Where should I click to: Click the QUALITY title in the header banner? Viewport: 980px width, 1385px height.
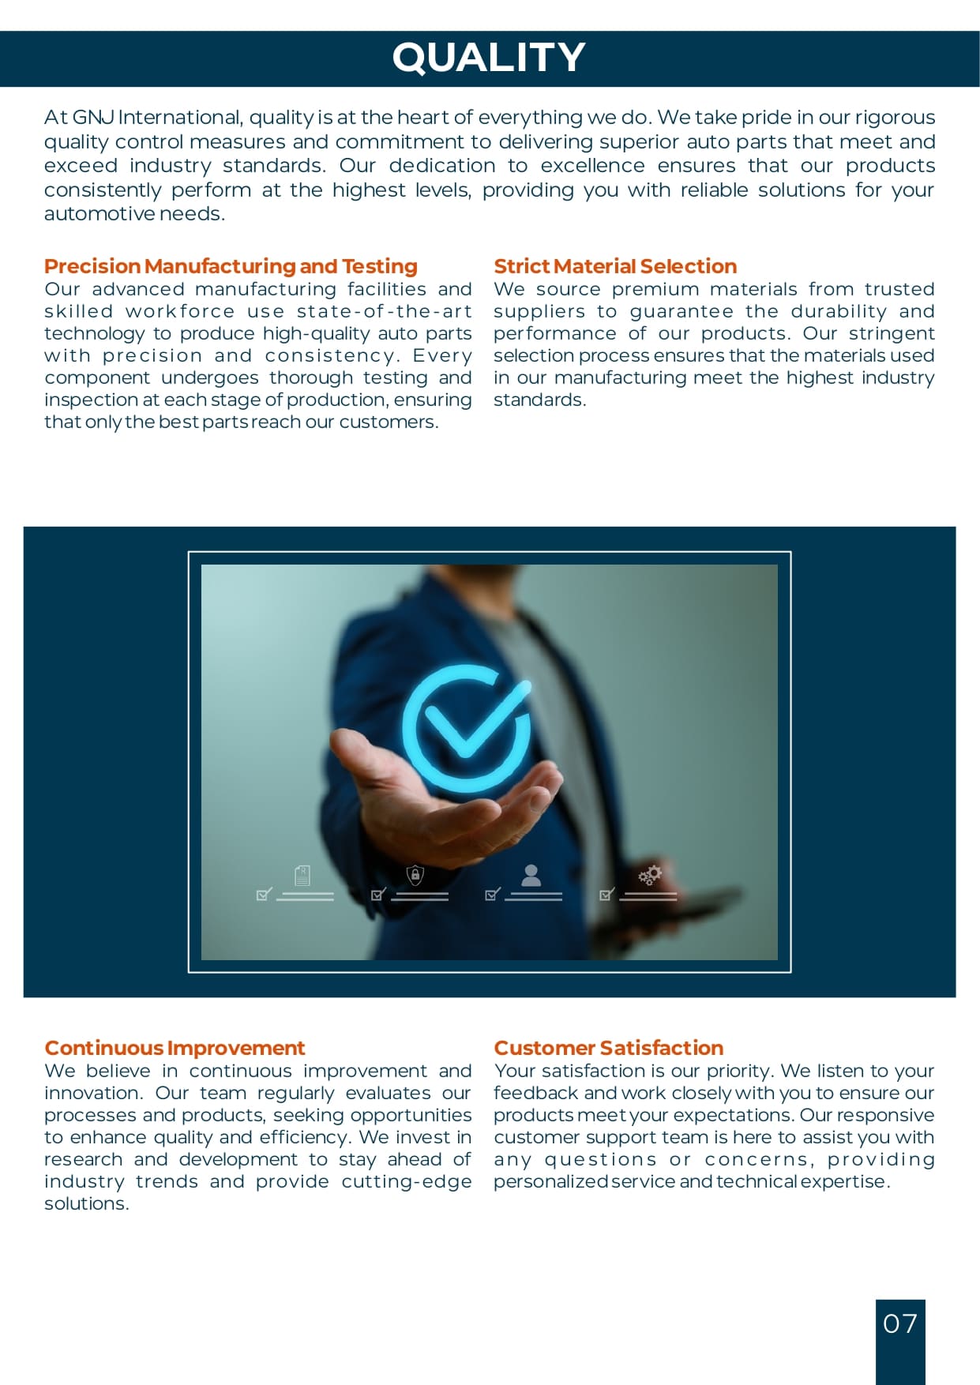click(489, 58)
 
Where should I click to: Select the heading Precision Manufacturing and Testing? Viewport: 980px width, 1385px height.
click(231, 266)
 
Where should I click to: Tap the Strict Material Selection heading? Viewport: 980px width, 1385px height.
click(615, 266)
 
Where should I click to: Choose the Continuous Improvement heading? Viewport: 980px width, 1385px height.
click(175, 1048)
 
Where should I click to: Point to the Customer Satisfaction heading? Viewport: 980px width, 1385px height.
click(608, 1048)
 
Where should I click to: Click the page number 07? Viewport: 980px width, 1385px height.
click(899, 1323)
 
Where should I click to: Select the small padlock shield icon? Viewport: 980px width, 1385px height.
click(415, 875)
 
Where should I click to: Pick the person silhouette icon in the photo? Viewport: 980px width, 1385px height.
click(531, 874)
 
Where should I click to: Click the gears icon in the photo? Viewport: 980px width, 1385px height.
click(650, 875)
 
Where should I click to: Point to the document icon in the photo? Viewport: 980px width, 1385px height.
click(302, 875)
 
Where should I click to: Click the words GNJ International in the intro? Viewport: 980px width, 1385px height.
click(157, 118)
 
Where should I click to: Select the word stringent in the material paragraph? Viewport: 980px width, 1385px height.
click(892, 333)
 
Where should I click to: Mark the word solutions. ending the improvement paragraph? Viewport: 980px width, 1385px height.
click(86, 1203)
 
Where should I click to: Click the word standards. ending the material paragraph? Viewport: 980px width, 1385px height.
click(539, 400)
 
